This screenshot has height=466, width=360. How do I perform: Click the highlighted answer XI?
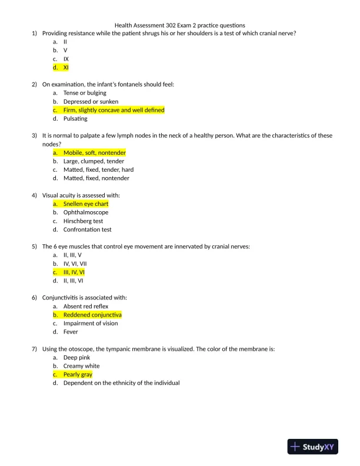66,68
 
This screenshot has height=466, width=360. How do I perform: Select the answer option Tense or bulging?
85,93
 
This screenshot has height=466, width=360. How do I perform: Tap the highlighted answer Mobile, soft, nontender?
94,153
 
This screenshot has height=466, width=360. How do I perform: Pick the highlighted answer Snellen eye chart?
86,204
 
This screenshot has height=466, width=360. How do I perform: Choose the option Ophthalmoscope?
86,212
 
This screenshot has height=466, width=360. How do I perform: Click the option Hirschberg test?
83,221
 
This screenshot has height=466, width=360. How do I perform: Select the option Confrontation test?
87,229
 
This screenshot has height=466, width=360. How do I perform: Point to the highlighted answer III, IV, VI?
74,272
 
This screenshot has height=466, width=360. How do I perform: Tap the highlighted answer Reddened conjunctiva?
92,315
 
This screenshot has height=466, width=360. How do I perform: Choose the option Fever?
71,332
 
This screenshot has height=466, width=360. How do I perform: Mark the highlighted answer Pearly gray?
78,375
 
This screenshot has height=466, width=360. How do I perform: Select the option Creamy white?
81,366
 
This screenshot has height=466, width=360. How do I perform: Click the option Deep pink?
77,358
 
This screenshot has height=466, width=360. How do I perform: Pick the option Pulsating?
75,119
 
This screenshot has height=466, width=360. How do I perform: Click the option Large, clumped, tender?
94,161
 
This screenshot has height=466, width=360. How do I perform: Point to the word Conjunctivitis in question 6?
60,298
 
